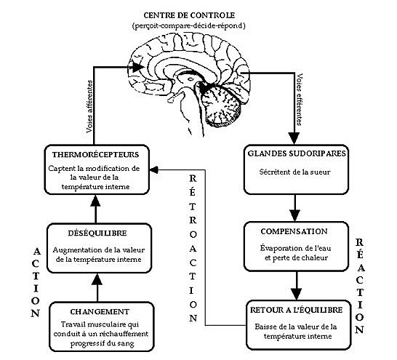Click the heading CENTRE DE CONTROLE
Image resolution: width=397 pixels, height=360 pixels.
[x=189, y=15]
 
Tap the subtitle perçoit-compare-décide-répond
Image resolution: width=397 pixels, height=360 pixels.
[x=189, y=26]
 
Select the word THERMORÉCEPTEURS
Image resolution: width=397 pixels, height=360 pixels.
[x=96, y=155]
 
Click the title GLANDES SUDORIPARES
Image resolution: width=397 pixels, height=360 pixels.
[x=297, y=153]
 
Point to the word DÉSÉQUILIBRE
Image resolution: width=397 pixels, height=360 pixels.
[x=97, y=233]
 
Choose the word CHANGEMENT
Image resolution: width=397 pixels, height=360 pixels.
[x=100, y=312]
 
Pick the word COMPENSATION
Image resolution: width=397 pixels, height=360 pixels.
[x=294, y=231]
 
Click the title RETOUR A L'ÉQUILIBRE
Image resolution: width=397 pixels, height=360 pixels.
[x=296, y=310]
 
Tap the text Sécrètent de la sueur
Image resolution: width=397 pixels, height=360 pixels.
[x=295, y=172]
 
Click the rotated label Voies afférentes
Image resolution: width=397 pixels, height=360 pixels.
[x=89, y=107]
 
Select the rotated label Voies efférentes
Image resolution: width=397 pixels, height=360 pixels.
[x=300, y=99]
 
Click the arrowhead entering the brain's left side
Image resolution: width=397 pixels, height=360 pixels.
[x=137, y=67]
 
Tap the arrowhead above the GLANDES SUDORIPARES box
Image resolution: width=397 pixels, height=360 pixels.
[x=294, y=138]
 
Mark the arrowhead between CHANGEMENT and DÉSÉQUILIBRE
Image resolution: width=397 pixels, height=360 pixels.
[x=97, y=280]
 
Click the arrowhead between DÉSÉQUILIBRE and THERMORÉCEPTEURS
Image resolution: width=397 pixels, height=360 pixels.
[x=95, y=201]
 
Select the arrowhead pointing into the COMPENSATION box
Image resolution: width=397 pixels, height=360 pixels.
[x=295, y=216]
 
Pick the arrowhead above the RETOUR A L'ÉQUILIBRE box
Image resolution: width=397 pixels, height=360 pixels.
[x=297, y=294]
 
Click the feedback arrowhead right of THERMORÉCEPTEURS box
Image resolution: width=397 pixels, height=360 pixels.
[x=154, y=169]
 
